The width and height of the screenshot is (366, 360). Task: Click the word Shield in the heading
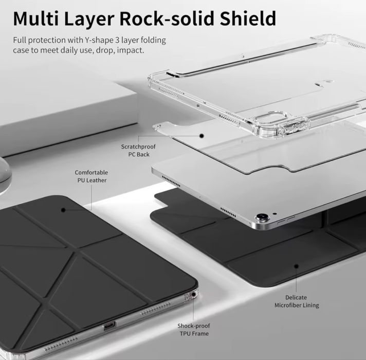(x=248, y=18)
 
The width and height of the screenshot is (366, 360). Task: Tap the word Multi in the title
(x=35, y=18)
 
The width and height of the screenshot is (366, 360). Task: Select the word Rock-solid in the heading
(x=167, y=18)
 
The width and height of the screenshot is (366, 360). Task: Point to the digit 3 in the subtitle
(x=117, y=40)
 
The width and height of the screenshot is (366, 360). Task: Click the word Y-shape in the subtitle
(x=99, y=41)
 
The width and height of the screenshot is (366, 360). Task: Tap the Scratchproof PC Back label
(x=138, y=151)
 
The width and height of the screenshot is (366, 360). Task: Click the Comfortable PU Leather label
(x=91, y=176)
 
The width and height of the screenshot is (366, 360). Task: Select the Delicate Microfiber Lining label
(x=297, y=301)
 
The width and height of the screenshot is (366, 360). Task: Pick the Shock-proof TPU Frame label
(x=194, y=330)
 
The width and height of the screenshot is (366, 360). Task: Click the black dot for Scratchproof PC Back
(x=202, y=136)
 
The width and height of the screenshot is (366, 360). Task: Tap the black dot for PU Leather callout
(x=63, y=210)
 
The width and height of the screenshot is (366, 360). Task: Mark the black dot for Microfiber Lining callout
(x=297, y=266)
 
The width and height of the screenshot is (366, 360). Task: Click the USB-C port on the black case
(x=109, y=325)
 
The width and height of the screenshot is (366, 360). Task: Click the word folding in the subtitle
(x=153, y=41)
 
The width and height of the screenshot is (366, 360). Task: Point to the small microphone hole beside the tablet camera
(x=275, y=213)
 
